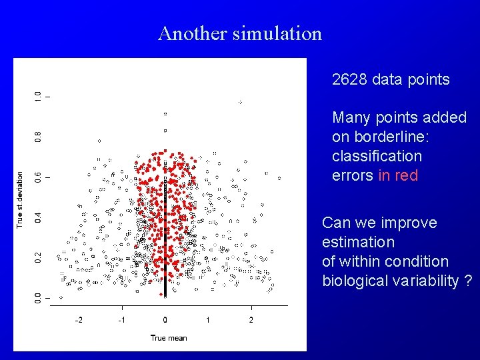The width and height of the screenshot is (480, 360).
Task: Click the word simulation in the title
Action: click(x=277, y=33)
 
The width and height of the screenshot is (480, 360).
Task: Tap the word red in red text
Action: click(x=407, y=175)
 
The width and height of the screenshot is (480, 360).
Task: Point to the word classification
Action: click(x=377, y=156)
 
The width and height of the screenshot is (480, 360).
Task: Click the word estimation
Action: click(x=358, y=242)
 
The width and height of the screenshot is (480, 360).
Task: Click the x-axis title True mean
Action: click(x=168, y=338)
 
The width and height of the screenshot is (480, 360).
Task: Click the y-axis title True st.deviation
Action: click(x=20, y=200)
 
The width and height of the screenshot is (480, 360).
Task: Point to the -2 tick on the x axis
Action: click(x=78, y=320)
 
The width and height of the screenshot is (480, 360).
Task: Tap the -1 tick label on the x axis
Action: click(x=121, y=320)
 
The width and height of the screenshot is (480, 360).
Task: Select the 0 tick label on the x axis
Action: click(x=165, y=320)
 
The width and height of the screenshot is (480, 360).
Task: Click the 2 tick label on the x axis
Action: click(x=251, y=320)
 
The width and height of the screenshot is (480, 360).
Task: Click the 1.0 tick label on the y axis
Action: click(x=38, y=97)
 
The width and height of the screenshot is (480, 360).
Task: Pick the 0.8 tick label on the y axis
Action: click(x=38, y=137)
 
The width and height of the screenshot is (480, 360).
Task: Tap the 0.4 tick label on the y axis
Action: click(x=38, y=217)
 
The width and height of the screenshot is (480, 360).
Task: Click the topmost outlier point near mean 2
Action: click(x=240, y=102)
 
